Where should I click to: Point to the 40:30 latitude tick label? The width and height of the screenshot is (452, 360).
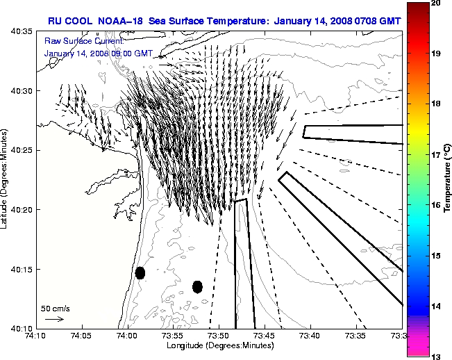pos(24,91)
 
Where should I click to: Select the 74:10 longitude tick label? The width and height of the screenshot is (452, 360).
pos(37,335)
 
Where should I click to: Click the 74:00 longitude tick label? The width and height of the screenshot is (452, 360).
pos(128,335)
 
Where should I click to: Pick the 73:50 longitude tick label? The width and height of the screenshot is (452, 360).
pos(219,335)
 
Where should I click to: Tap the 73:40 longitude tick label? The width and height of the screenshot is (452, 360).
pos(310,335)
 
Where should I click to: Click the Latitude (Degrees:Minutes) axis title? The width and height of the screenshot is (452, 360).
pos(6,179)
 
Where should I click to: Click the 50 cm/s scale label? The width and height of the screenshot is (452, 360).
pos(54,308)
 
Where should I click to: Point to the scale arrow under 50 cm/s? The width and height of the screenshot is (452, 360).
pos(54,319)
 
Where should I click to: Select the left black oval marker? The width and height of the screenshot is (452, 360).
pos(140,272)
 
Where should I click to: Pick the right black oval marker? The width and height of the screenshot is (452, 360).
pos(197,286)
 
